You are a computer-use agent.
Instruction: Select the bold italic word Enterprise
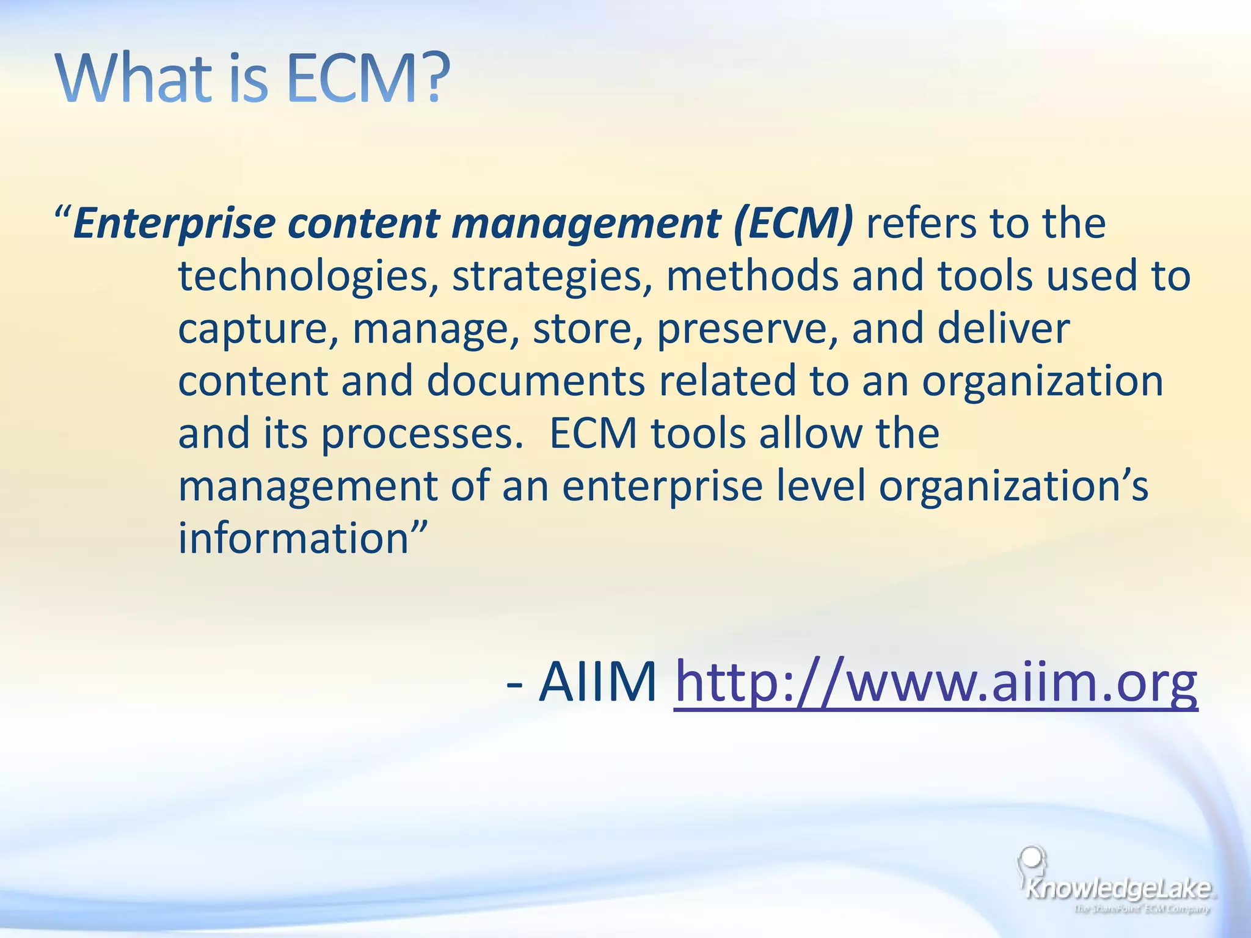pos(174,224)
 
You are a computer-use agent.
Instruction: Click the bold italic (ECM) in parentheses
pos(793,224)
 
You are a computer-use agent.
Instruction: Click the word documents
pos(535,381)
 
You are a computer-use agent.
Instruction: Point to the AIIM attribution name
pos(597,682)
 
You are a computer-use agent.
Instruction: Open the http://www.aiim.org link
pos(935,682)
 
